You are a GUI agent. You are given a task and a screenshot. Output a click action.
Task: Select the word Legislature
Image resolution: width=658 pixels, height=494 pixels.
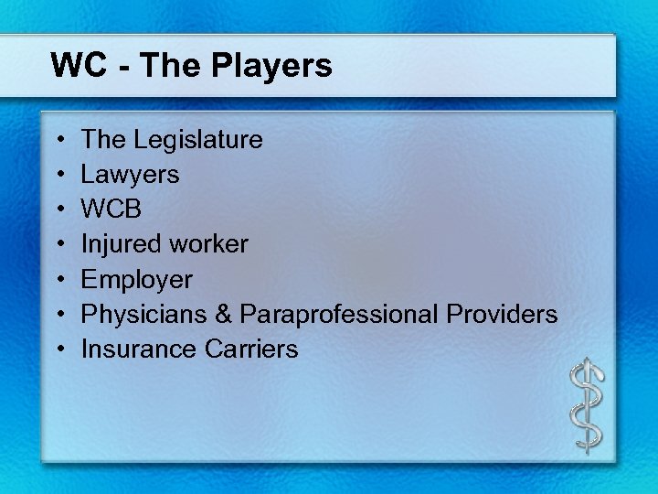click(198, 140)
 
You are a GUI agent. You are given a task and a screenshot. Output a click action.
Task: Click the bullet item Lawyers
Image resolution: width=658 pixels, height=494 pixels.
click(130, 175)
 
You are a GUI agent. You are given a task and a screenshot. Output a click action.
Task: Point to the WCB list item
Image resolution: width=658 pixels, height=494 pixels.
click(111, 209)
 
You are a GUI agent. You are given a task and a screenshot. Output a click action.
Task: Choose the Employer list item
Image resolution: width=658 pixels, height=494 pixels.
click(137, 279)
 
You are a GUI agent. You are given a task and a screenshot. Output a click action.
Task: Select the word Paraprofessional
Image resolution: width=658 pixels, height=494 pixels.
click(339, 314)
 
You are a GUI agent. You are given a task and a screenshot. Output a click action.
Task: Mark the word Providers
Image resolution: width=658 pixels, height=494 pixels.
click(502, 314)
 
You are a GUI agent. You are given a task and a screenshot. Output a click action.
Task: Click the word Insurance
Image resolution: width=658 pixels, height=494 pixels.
click(138, 349)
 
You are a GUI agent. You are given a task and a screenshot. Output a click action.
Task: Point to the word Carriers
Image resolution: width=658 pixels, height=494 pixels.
click(250, 349)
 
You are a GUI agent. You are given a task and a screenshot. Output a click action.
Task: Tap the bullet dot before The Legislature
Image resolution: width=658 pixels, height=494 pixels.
click(58, 141)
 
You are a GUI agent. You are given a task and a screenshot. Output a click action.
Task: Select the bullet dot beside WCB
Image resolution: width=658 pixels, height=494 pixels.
click(58, 210)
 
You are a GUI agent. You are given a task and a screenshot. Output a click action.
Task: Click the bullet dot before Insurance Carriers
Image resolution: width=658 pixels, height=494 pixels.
click(58, 349)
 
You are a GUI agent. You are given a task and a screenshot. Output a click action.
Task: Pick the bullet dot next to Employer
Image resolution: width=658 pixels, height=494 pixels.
click(58, 280)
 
